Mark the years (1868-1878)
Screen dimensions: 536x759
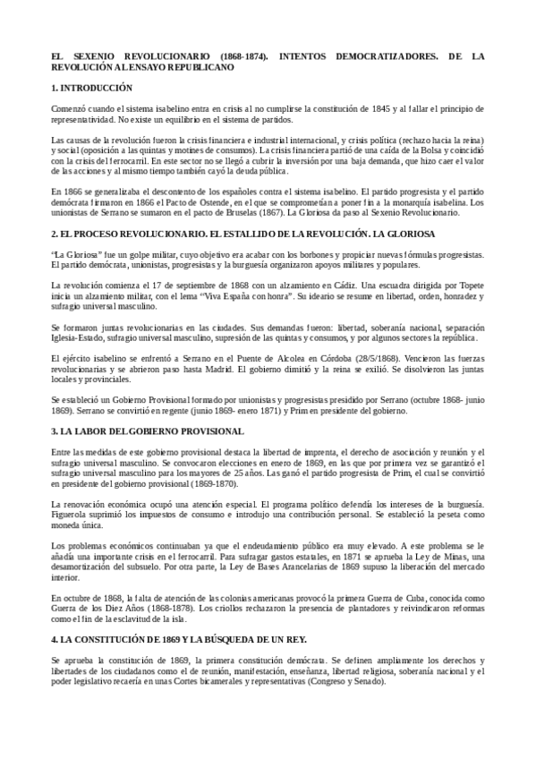166,605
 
